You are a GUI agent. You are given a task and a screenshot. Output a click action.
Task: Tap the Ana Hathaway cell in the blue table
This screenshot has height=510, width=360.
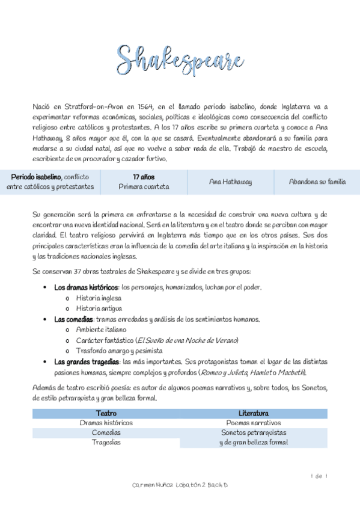(230, 181)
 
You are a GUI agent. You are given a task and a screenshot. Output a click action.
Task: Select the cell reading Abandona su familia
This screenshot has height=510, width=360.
(317, 181)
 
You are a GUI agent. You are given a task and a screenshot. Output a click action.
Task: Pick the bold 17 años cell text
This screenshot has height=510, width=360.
(144, 177)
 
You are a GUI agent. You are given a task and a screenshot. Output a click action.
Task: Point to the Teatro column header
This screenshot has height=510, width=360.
(106, 413)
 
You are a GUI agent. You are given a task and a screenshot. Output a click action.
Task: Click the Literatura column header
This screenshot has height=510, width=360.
(253, 413)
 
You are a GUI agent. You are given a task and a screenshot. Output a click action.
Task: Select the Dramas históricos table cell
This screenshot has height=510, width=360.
(106, 423)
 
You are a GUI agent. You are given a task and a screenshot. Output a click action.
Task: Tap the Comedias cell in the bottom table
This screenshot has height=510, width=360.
(106, 432)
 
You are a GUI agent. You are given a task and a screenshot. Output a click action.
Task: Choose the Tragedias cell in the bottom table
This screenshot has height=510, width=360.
(106, 442)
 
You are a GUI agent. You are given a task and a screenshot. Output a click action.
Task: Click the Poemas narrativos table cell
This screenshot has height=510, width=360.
(253, 423)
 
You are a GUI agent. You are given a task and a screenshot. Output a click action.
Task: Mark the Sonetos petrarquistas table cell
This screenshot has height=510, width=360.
(253, 432)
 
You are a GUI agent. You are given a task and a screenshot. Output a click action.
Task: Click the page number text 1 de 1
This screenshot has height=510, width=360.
(319, 476)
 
